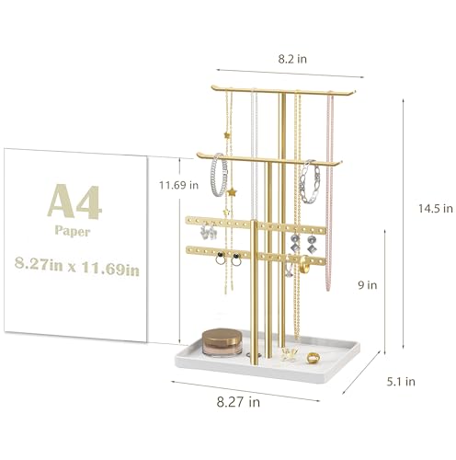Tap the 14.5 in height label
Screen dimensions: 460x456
point(434,209)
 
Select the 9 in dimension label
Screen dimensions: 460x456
point(366,285)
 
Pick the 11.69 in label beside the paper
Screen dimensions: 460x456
point(178,185)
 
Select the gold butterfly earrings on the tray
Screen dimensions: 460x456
point(291,353)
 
